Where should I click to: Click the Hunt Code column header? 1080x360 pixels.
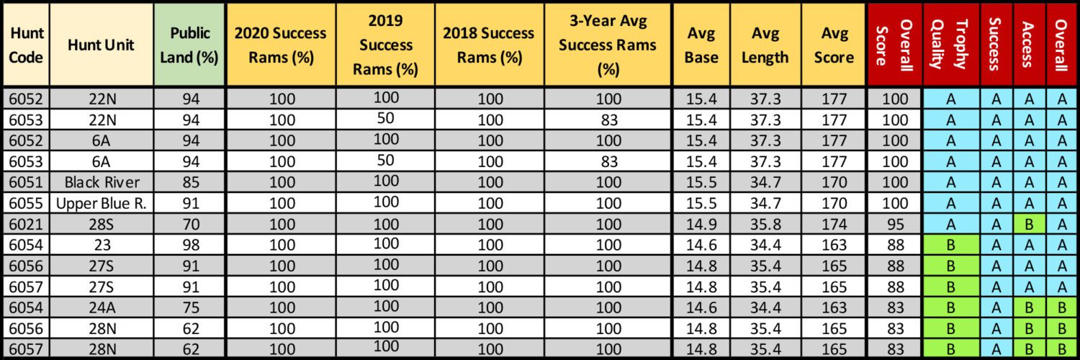click(26, 45)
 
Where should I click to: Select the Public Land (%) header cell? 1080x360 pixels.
click(189, 45)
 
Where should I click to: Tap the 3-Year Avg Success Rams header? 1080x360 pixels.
click(608, 45)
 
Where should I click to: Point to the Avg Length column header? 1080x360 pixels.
click(765, 45)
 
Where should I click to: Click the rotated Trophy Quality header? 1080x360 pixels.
click(950, 45)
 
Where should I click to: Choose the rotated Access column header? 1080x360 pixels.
click(1028, 45)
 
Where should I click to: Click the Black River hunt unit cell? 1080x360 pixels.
click(102, 182)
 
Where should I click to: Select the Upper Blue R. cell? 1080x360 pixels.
click(102, 203)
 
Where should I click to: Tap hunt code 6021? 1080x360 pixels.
click(26, 224)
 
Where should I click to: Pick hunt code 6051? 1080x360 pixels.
click(26, 182)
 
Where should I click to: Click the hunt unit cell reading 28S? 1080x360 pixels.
click(102, 224)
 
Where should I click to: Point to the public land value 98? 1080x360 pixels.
click(191, 245)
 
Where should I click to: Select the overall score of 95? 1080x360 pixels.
click(895, 224)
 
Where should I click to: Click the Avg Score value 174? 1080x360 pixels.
click(834, 224)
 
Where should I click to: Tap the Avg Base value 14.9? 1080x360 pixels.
click(701, 224)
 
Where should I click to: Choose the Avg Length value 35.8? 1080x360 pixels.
click(765, 224)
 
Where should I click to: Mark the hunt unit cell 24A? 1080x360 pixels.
click(102, 307)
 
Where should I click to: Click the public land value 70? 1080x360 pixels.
click(191, 224)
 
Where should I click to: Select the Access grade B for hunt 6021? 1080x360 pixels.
click(1029, 224)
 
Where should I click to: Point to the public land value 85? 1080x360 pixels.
click(191, 182)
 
